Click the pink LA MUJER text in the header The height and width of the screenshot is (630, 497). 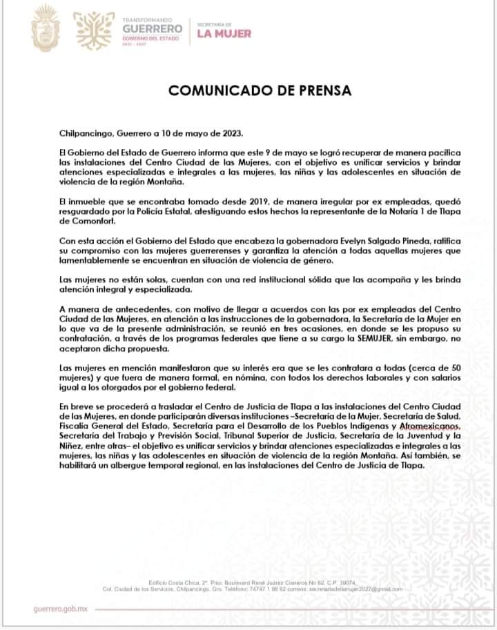[x=224, y=33]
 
